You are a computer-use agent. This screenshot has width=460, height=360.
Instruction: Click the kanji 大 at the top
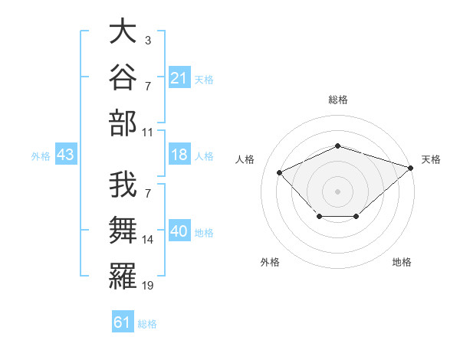[x=123, y=31]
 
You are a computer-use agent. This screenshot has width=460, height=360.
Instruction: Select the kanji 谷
[x=123, y=77]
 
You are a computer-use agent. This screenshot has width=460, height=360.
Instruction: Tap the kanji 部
[x=123, y=123]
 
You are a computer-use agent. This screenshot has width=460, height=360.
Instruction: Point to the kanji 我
[x=123, y=185]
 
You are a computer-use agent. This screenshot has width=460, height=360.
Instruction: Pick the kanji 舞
[x=123, y=230]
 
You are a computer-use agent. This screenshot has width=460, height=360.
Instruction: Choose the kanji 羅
[x=123, y=277]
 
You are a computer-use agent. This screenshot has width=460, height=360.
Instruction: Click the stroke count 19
[x=147, y=286]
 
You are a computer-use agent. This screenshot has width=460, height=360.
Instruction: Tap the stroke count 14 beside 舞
[x=147, y=240]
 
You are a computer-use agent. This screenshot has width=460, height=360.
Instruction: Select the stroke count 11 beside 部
[x=147, y=133]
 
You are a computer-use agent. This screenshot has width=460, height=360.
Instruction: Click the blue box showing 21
[x=179, y=77]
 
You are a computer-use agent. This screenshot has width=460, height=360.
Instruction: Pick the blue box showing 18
[x=179, y=154]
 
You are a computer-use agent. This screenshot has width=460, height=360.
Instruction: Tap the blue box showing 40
[x=179, y=230]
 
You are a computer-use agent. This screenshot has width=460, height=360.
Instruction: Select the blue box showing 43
[x=66, y=154]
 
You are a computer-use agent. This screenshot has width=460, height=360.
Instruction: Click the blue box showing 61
[x=123, y=321]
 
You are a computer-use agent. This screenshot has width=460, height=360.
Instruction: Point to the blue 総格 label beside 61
[x=147, y=324]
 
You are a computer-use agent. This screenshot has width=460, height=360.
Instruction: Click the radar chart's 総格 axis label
[x=338, y=100]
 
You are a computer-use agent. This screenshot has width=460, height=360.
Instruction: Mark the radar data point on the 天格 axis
[x=411, y=168]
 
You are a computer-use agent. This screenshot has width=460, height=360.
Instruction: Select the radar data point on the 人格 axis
[x=279, y=172]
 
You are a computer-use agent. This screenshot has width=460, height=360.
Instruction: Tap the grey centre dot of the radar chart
[x=337, y=191]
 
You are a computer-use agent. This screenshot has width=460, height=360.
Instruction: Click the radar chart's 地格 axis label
[x=402, y=262]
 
